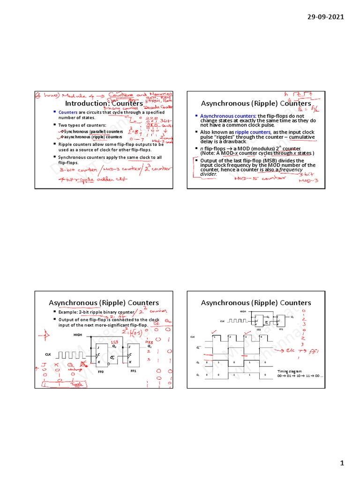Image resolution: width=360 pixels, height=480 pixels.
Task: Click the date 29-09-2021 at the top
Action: (x=325, y=17)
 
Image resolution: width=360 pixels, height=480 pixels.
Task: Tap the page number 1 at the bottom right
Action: (x=342, y=463)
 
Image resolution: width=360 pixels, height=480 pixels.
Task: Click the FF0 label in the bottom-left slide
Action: (x=101, y=371)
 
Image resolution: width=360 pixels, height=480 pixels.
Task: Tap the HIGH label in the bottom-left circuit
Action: (x=77, y=335)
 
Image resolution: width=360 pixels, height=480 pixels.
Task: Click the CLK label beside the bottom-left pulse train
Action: (x=48, y=354)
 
